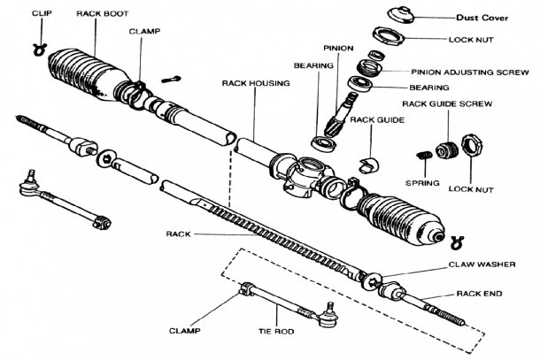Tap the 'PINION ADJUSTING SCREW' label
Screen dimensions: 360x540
[478, 73]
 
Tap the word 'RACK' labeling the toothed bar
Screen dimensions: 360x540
[177, 234]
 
